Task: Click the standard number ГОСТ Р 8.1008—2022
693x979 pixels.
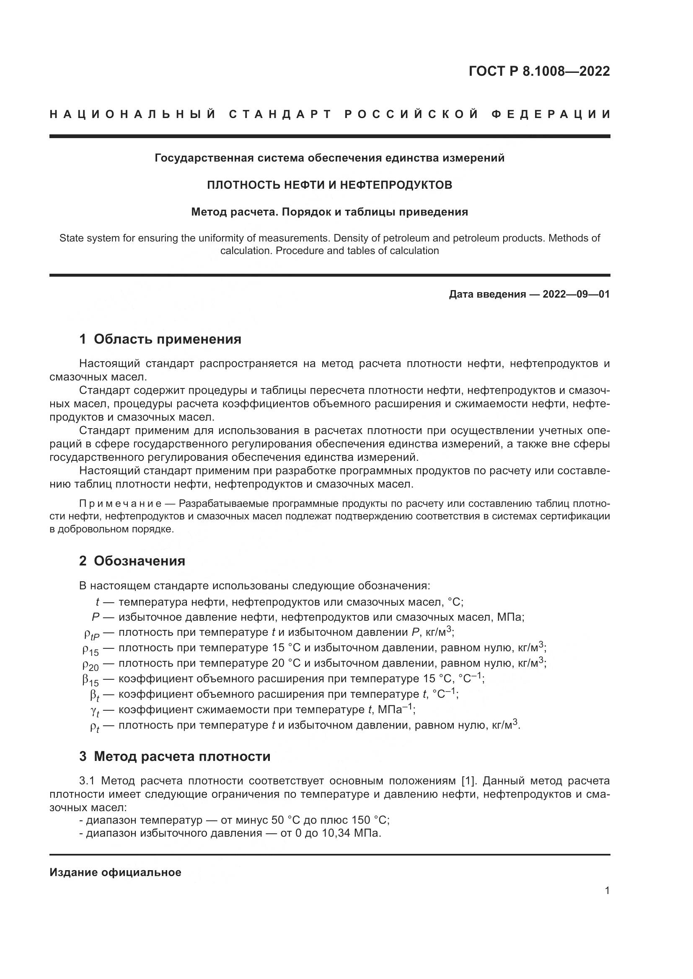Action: tap(539, 71)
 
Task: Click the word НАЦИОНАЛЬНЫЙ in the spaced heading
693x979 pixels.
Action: tap(133, 114)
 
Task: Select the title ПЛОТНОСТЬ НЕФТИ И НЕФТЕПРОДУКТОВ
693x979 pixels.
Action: tap(329, 185)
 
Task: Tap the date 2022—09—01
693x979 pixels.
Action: tap(576, 294)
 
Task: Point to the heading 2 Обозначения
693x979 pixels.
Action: tap(132, 561)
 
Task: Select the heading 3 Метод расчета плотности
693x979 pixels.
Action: tap(175, 756)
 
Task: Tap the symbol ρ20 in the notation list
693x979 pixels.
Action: tap(91, 665)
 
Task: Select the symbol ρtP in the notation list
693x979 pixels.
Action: tap(91, 635)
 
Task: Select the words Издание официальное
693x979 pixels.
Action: tap(115, 872)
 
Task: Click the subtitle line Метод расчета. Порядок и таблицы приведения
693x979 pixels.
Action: tap(329, 212)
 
